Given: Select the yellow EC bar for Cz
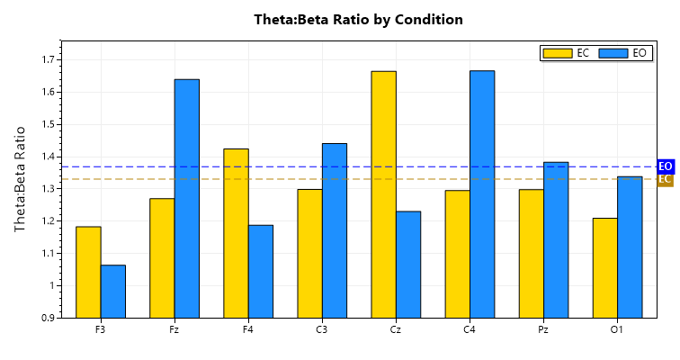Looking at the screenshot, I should [x=383, y=194].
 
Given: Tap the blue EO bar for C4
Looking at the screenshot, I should [x=482, y=194].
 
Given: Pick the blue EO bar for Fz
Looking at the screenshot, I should [x=187, y=199].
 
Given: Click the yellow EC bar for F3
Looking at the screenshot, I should [x=88, y=272].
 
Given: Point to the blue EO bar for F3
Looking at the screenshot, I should [x=113, y=292].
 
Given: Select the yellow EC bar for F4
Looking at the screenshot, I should [x=236, y=233].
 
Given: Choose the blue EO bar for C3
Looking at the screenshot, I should [x=335, y=230].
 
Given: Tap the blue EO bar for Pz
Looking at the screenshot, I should [x=556, y=239].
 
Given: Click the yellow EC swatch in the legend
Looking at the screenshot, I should [x=558, y=53].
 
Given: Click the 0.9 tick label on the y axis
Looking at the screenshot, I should [x=47, y=318].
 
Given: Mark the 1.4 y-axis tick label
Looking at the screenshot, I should [x=47, y=157].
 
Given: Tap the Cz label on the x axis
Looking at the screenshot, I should [x=396, y=330].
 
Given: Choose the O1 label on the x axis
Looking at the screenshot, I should [x=617, y=330].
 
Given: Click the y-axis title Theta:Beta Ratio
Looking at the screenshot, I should [x=20, y=179].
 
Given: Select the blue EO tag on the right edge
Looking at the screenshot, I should [x=666, y=166].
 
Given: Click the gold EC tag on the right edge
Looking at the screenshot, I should [x=666, y=179].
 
